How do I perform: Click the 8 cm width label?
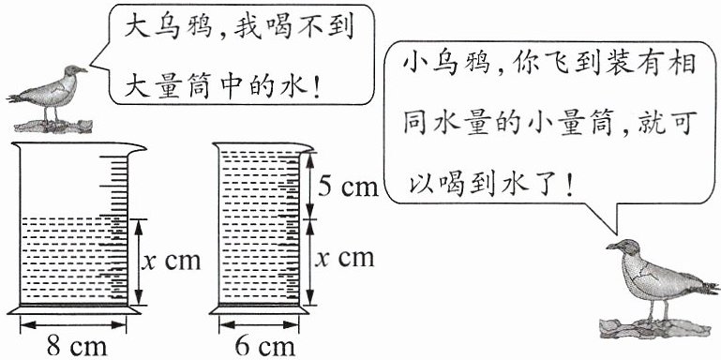click(x=77, y=347)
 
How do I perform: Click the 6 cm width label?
click(x=264, y=347)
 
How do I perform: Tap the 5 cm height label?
click(x=348, y=187)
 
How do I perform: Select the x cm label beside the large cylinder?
click(x=171, y=261)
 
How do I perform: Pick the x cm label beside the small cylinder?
click(x=345, y=259)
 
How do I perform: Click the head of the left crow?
click(x=74, y=71)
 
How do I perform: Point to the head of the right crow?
click(x=622, y=247)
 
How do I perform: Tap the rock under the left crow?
click(x=53, y=126)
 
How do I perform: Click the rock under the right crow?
click(x=654, y=327)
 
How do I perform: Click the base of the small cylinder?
click(x=259, y=310)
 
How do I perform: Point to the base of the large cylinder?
click(x=74, y=310)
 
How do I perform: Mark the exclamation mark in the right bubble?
click(x=570, y=186)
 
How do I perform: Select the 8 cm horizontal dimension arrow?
click(x=73, y=324)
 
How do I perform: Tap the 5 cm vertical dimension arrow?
click(x=309, y=185)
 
